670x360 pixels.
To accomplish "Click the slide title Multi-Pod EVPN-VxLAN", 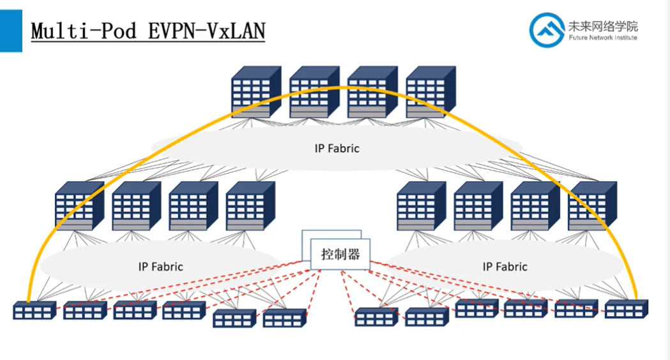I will [x=148, y=31].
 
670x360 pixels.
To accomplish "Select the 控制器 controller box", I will [x=340, y=254].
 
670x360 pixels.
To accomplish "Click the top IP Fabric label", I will [x=337, y=148].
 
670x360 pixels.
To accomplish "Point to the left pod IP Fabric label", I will [x=160, y=266].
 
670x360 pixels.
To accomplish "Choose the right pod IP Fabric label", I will [x=505, y=266].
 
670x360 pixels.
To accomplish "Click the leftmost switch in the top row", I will [x=255, y=92].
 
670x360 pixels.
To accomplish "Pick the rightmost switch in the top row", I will [x=430, y=92].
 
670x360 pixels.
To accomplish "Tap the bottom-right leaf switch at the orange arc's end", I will [x=627, y=310].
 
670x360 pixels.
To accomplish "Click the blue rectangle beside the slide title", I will [x=11, y=31].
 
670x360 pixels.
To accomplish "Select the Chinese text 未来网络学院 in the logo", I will [x=602, y=26].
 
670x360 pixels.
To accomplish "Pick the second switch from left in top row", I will [x=314, y=92].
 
